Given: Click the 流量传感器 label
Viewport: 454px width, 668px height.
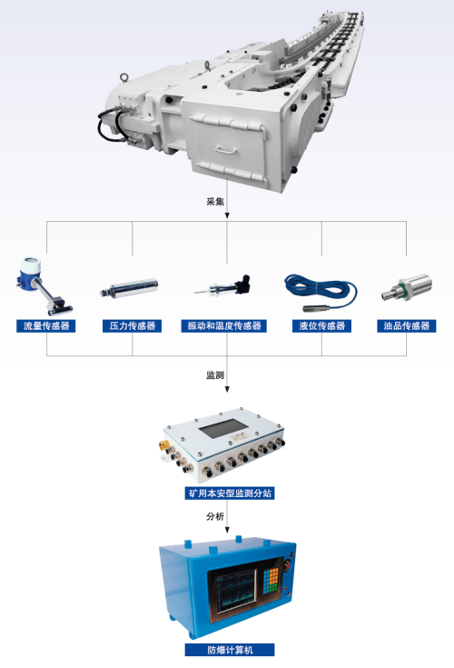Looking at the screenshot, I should pyautogui.click(x=48, y=325).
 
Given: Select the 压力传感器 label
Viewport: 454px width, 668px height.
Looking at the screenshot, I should pyautogui.click(x=133, y=325).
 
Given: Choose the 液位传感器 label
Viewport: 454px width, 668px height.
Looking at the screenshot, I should pyautogui.click(x=321, y=325).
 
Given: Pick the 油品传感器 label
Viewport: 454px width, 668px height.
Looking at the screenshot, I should pyautogui.click(x=406, y=325).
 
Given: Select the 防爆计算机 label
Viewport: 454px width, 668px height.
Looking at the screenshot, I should pyautogui.click(x=227, y=650).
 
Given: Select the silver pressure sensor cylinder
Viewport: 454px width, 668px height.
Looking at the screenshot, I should pyautogui.click(x=130, y=291).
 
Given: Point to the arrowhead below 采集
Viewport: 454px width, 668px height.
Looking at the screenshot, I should pyautogui.click(x=227, y=215).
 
